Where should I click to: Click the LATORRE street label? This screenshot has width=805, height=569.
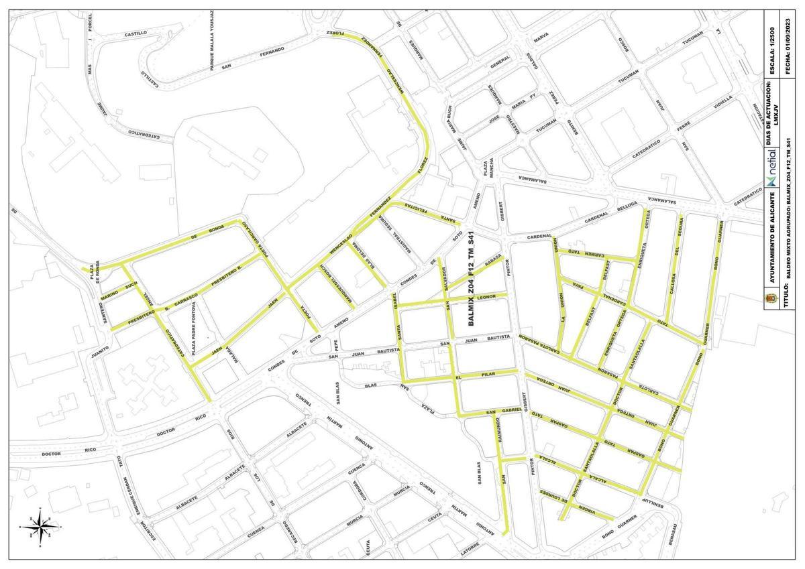[470, 551]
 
